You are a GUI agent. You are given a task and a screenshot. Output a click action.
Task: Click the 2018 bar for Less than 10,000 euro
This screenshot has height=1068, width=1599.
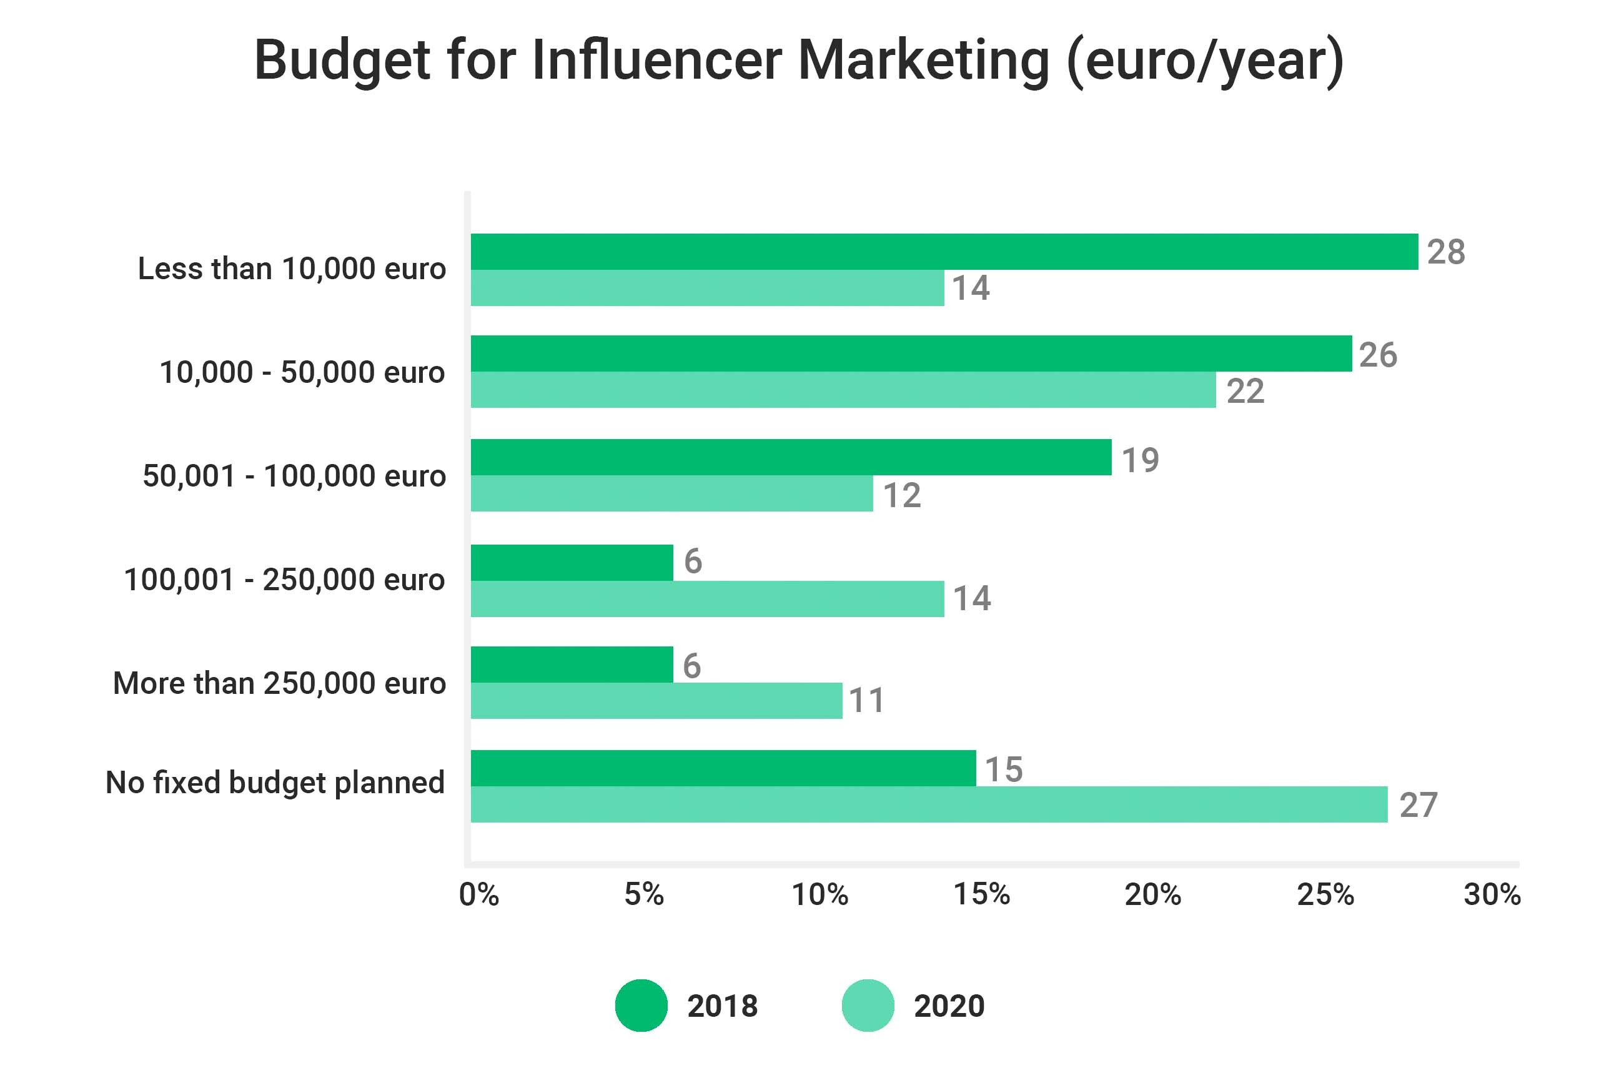tap(944, 251)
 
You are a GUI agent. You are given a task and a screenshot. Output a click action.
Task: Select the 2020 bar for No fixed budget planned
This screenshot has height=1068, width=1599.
tap(929, 804)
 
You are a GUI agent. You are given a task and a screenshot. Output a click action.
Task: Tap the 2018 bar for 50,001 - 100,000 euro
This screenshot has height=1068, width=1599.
tap(791, 457)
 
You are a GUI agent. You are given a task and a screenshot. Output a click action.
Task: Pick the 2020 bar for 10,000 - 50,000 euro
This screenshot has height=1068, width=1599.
tap(843, 390)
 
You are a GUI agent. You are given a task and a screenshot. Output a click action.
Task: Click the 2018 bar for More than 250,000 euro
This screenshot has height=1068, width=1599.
tap(572, 665)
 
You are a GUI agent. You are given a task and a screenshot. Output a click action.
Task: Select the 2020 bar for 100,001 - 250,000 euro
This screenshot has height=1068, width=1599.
tap(707, 599)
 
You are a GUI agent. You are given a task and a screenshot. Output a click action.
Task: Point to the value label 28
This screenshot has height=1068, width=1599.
tap(1446, 252)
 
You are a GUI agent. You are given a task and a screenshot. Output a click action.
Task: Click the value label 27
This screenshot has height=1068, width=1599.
tap(1418, 805)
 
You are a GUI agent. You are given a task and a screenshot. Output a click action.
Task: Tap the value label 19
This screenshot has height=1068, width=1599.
tap(1140, 460)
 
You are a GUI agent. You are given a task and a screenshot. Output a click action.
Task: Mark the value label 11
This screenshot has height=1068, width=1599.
tap(866, 701)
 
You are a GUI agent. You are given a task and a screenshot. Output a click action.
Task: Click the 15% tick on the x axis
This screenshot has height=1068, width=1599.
tap(981, 894)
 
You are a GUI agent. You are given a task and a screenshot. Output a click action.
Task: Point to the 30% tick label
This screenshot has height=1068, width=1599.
tap(1492, 894)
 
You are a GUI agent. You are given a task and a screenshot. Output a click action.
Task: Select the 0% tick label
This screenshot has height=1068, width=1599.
tap(478, 894)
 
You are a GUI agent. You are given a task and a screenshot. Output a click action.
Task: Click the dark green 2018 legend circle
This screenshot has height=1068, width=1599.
tap(641, 1006)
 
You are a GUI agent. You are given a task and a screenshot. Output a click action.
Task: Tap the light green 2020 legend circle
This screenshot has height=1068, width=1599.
tap(868, 1006)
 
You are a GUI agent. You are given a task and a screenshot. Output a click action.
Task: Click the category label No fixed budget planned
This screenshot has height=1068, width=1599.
tap(275, 783)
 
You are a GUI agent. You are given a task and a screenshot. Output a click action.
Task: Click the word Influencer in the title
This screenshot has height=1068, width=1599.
tap(656, 60)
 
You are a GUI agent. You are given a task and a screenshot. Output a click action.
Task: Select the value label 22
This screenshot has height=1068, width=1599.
tap(1245, 391)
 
